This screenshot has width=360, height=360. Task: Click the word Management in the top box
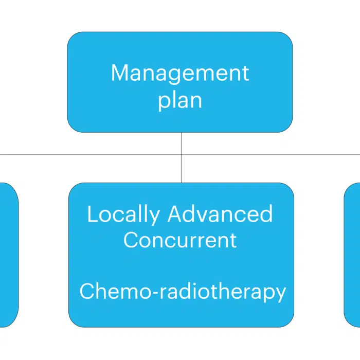(x=180, y=75)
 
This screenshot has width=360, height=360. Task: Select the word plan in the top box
(x=180, y=101)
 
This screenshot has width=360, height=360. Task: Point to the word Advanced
(x=221, y=213)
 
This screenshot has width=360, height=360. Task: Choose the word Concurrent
(x=180, y=240)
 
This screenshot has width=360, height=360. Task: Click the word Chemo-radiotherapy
(x=183, y=292)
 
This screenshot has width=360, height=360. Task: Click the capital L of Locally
(x=93, y=213)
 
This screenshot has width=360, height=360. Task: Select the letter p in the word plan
(x=164, y=102)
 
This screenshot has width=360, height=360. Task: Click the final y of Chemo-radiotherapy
(x=280, y=294)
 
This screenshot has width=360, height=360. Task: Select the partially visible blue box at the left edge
(x=9, y=255)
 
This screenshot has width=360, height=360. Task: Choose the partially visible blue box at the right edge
(x=352, y=255)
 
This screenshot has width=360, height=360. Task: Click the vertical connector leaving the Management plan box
(x=182, y=143)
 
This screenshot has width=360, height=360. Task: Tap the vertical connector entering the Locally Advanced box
(x=182, y=169)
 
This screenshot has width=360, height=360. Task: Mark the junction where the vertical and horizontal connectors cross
(x=182, y=155)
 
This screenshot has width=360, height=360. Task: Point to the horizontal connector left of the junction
(x=91, y=155)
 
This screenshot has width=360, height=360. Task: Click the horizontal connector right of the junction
(x=271, y=155)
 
